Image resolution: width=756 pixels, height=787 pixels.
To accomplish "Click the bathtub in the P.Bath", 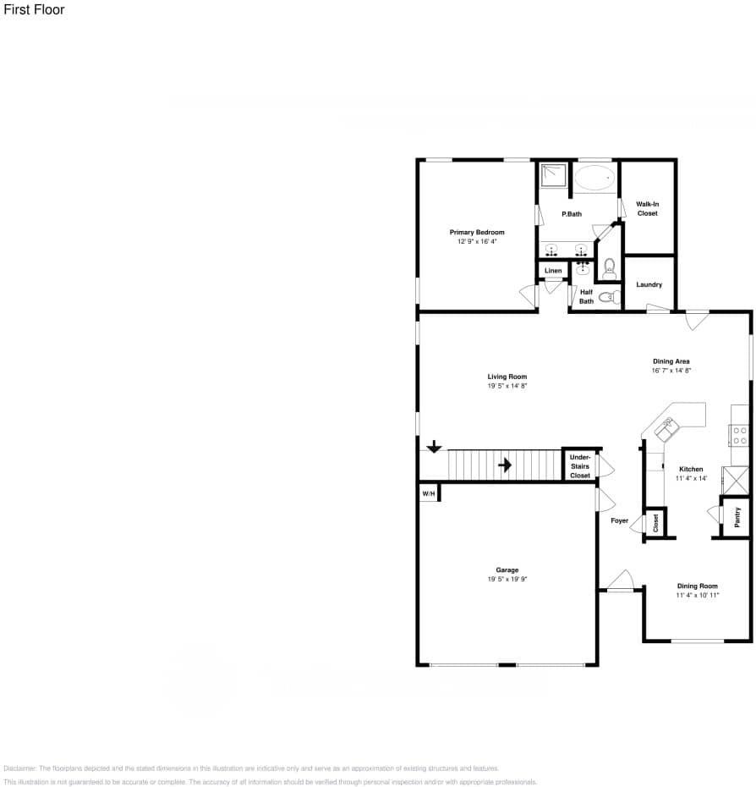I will coord(596,178).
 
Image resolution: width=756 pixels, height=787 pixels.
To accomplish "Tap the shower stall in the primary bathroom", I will coord(555,175).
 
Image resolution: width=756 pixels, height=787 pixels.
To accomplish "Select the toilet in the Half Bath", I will coord(608,297).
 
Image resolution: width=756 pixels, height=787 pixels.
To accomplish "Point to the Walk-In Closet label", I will coord(647,208).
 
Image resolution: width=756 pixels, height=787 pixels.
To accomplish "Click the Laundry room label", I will coord(649,284).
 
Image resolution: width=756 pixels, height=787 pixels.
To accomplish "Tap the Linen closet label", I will coord(553,271).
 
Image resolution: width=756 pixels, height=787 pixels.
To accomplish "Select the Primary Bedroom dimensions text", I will coord(477,241).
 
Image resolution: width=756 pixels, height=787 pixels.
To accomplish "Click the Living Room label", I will coord(507,377).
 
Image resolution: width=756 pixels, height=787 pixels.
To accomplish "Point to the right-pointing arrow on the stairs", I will coord(505,465).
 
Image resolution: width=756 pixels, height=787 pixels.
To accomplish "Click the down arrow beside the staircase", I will coord(434,446).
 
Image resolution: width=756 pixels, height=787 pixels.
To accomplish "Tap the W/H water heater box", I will coord(429,493).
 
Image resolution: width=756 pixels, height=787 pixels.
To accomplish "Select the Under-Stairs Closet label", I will coord(579,466).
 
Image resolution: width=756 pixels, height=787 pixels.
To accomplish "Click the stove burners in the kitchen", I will coord(739,435).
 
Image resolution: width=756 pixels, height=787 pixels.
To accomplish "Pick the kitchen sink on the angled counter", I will coord(666,430).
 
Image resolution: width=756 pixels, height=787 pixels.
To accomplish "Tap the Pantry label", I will coord(737,517).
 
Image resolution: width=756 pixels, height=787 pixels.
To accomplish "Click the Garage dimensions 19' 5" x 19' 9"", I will coord(507,580).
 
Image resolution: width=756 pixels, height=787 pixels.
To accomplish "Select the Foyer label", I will coord(619,520).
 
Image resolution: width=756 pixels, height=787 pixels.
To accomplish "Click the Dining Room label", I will coord(697,586).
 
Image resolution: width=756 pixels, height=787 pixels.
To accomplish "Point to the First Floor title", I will coord(34,10).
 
